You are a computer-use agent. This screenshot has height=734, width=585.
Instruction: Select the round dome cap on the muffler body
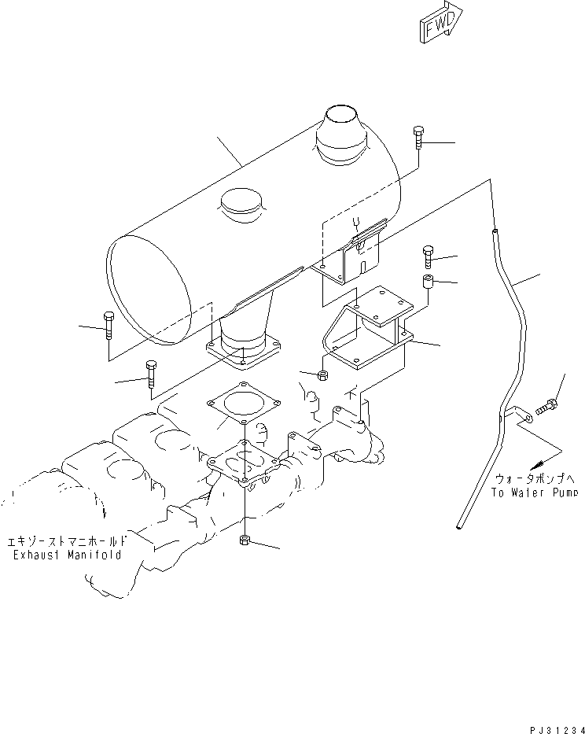(x=243, y=207)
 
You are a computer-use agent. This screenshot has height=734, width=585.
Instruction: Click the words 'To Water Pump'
(x=535, y=493)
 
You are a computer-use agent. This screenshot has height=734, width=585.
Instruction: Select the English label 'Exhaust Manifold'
(x=66, y=555)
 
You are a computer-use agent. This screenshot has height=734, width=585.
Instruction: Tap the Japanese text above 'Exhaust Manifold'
(x=66, y=541)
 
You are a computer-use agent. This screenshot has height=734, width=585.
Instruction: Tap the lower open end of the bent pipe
(x=459, y=526)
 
